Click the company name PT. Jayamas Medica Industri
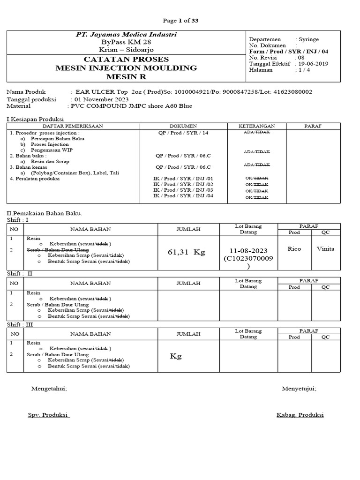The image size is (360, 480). pos(127,35)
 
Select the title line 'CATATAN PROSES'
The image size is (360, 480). pos(126,60)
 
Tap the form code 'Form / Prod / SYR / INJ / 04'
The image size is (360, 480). pos(289,52)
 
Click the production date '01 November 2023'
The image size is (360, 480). pos(101,99)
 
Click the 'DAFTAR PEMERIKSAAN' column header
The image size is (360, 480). pos(73,126)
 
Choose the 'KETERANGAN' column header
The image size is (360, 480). pos(256,126)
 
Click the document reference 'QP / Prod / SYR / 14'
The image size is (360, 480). pos(183,133)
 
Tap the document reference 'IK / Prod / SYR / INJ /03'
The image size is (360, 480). pos(183,190)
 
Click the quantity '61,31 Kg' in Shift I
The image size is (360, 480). pos(186,252)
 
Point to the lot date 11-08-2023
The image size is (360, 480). pos(248,250)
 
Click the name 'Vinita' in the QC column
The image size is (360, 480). pos(325,248)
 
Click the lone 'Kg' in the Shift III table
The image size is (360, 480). pos(176,356)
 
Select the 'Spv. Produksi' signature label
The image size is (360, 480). pos(49,415)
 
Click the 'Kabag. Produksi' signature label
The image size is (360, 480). pos(300,415)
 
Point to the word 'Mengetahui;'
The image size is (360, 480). pos(49,389)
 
